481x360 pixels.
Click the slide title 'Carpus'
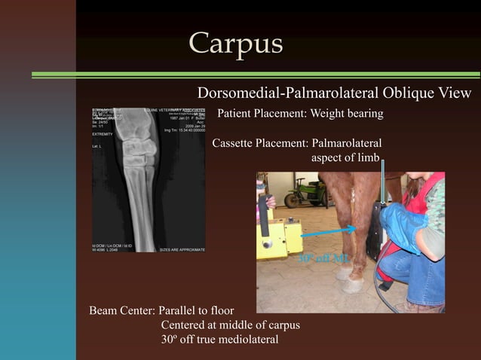coord(235,43)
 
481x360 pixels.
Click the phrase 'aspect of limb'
coord(346,158)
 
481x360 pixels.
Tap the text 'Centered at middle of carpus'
coord(230,325)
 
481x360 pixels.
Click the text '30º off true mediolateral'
coord(219,340)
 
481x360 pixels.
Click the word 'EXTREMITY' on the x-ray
coord(103,133)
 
